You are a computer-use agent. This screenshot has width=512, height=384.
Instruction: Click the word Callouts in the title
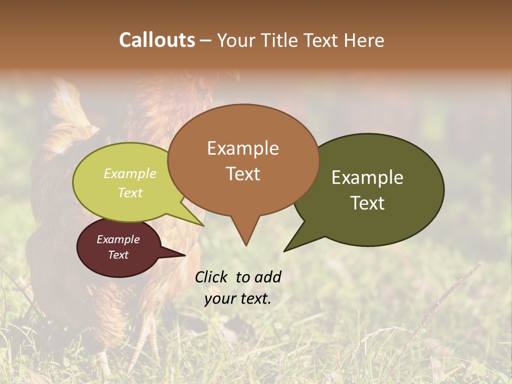[x=157, y=40]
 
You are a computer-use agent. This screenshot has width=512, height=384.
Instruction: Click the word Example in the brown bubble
[x=243, y=148]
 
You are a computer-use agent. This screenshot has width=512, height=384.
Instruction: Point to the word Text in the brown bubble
[x=243, y=173]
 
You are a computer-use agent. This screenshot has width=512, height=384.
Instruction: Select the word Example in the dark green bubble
[x=367, y=178]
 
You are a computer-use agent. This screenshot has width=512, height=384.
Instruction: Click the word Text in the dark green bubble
[x=367, y=203]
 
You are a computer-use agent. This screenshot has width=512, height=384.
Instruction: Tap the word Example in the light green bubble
[x=130, y=173]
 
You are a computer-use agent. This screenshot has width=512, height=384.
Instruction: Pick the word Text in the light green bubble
[x=130, y=193]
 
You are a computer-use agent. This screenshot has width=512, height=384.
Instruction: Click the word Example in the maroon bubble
[x=118, y=239]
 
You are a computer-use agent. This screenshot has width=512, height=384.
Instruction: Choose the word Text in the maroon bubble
[x=118, y=255]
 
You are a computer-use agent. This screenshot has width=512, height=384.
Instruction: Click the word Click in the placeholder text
[x=212, y=277]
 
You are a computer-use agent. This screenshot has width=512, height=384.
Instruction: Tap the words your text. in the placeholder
[x=237, y=299]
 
